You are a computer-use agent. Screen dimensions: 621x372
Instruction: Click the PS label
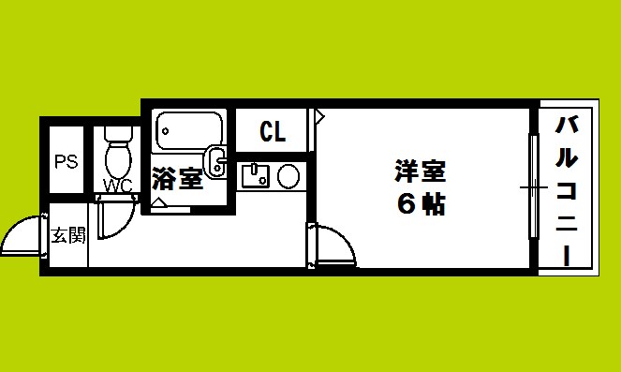click(x=66, y=161)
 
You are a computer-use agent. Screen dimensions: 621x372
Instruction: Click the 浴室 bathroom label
click(x=177, y=178)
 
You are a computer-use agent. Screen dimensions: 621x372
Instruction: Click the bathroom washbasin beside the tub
click(x=216, y=161)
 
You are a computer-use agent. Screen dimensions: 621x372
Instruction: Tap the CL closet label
click(x=273, y=131)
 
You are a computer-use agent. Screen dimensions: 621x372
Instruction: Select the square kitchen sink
click(x=255, y=174)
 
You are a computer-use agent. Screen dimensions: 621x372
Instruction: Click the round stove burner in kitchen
click(x=288, y=174)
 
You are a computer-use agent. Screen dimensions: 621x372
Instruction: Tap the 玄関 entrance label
click(x=67, y=234)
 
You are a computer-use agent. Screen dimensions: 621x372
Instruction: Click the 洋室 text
click(x=419, y=171)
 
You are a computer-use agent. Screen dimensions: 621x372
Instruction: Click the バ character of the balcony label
click(x=567, y=125)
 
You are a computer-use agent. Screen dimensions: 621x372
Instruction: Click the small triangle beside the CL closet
click(x=319, y=117)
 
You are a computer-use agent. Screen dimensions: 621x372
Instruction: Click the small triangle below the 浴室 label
click(x=159, y=201)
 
